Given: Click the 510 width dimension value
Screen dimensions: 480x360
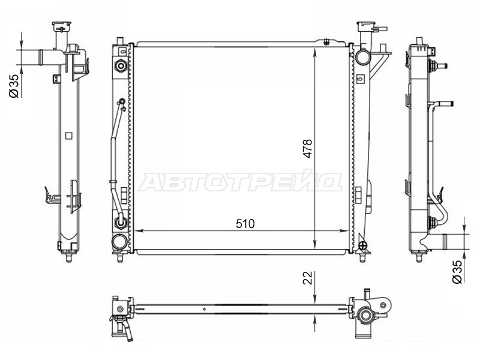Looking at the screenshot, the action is click(245, 224).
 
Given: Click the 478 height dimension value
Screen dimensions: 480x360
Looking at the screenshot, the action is click(307, 149).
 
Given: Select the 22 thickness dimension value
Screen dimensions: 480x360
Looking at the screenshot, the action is click(307, 278).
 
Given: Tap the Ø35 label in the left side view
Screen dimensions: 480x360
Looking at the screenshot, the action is click(14, 86).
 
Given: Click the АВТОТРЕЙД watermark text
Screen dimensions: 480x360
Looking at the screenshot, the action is click(240, 182).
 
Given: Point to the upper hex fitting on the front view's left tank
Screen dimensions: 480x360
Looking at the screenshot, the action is click(121, 66).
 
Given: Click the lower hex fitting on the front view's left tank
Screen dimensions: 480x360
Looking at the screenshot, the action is click(121, 223).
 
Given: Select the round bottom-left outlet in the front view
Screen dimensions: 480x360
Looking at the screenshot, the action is click(119, 242).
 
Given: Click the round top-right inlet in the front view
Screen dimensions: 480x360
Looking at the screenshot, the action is click(363, 56).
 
